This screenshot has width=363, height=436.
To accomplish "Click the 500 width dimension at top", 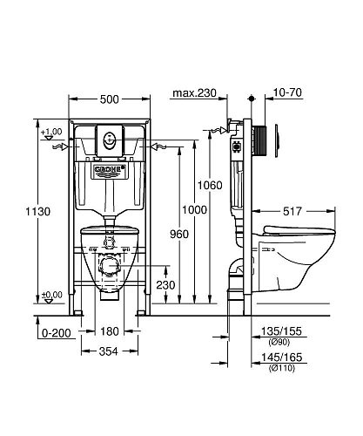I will [x=110, y=99].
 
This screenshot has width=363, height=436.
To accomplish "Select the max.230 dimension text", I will [x=193, y=92].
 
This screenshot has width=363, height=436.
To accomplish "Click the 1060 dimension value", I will [x=221, y=186].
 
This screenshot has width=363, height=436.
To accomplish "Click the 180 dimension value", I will [x=110, y=331].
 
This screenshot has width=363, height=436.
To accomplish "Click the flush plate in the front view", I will [x=110, y=137].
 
